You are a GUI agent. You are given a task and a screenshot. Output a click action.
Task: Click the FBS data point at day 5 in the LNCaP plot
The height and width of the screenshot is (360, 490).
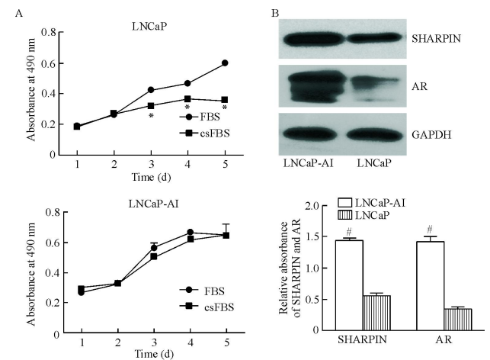pyautogui.click(x=225, y=63)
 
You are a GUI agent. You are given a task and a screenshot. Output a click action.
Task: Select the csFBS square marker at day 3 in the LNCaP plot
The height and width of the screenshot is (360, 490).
pyautogui.click(x=152, y=106)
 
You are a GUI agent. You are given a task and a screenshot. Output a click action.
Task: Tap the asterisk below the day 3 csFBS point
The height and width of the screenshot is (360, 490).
pyautogui.click(x=152, y=117)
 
